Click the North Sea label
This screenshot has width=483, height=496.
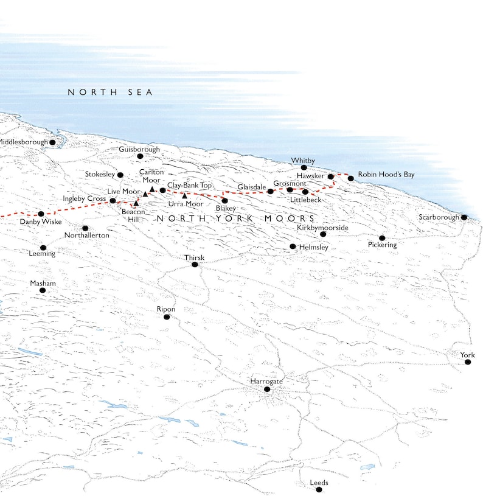point(110,93)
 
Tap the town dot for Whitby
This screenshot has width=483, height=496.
point(304,167)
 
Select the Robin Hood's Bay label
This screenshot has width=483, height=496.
point(386,175)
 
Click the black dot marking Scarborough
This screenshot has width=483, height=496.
point(464,217)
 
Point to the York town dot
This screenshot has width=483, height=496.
point(468,362)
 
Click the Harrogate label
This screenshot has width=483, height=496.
point(266,381)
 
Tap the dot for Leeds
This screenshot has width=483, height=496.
point(318,490)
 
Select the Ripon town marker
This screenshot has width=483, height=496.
point(166,317)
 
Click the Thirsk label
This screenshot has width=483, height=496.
point(195,257)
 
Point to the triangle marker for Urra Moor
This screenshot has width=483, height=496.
point(184,196)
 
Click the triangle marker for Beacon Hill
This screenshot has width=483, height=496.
point(136,203)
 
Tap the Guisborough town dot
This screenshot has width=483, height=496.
point(140,156)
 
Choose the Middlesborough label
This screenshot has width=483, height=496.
point(23,142)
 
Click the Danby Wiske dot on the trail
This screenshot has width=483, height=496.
point(41,214)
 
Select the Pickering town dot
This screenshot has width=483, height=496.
point(382,238)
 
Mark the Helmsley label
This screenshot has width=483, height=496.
point(314,248)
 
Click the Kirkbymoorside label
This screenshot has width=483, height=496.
point(322,227)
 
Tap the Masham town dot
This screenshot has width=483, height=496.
point(43,290)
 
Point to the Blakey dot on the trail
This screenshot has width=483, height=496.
point(224,200)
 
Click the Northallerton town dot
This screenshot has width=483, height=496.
point(85,228)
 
